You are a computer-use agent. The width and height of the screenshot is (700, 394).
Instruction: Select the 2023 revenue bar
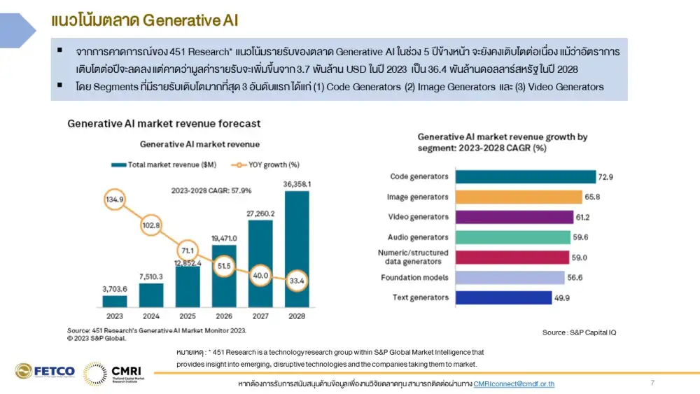click(x=115, y=301)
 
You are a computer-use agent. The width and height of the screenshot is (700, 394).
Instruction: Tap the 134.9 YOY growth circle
click(x=115, y=199)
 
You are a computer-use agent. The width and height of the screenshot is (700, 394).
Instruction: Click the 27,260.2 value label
click(x=260, y=213)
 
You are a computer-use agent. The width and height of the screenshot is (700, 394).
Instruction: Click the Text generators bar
click(x=503, y=298)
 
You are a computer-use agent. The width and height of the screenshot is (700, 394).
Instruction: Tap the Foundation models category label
click(x=414, y=278)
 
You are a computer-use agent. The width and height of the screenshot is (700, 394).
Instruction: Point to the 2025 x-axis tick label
click(x=188, y=316)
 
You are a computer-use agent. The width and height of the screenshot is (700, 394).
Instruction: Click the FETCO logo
click(x=45, y=372)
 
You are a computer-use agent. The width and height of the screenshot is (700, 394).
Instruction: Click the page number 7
click(x=652, y=383)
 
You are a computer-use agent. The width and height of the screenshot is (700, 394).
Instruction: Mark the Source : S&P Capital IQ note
click(x=579, y=332)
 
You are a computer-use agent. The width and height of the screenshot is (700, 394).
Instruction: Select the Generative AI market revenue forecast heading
click(x=164, y=124)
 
